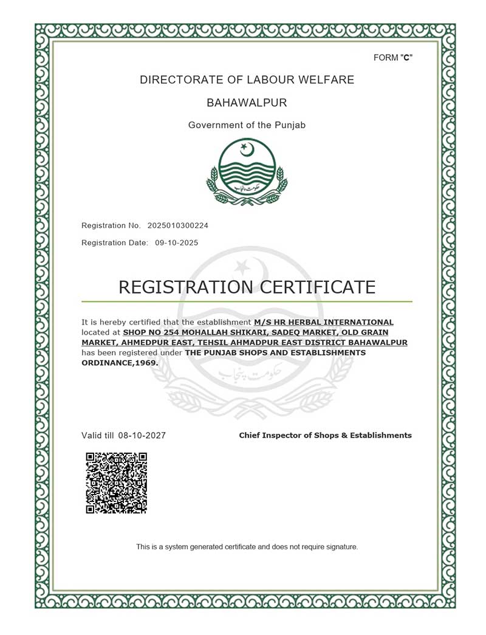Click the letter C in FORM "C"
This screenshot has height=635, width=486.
[x=408, y=58]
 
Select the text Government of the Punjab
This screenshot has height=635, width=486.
[x=247, y=125]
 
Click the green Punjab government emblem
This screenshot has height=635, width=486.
[x=246, y=172]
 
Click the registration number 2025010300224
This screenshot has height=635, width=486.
[x=178, y=225]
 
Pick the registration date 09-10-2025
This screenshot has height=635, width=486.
[x=176, y=242]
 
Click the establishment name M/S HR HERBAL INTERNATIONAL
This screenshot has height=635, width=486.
[x=324, y=322]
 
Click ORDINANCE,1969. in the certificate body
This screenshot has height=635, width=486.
[x=120, y=363]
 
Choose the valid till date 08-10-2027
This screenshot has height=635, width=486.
[x=142, y=436]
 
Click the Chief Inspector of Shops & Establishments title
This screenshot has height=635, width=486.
[x=325, y=436]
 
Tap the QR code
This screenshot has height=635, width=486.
[x=117, y=483]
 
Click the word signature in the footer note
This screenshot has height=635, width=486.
[x=342, y=547]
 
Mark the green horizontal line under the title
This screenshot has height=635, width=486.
[x=247, y=301]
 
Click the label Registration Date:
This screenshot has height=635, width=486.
[x=115, y=242]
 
